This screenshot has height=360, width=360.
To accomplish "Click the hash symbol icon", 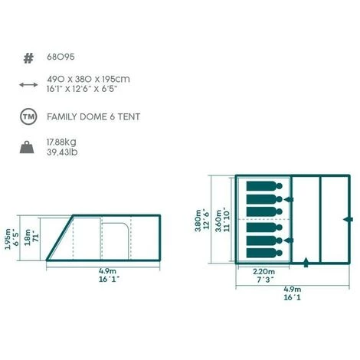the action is pyautogui.click(x=28, y=58).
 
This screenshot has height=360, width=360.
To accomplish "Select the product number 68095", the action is pyautogui.click(x=61, y=57).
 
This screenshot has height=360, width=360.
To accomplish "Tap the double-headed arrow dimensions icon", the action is pyautogui.click(x=28, y=85).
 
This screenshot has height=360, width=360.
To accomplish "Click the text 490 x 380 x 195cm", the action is pyautogui.click(x=88, y=79).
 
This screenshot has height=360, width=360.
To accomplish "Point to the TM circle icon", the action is pyautogui.click(x=28, y=117).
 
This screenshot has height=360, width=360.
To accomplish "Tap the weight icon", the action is pyautogui.click(x=27, y=147).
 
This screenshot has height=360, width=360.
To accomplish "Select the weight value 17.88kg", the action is pyautogui.click(x=61, y=142).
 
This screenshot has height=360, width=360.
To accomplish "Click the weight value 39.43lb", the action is pyautogui.click(x=62, y=152).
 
